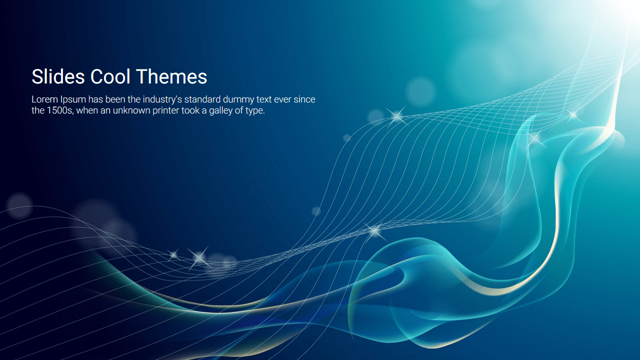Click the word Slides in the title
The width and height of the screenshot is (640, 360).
coord(58,76)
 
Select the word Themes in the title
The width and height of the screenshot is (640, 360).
coord(171,76)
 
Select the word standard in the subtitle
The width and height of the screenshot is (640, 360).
coord(202,99)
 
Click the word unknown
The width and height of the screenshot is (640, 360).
coord(131,110)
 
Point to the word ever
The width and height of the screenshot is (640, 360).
coord(282,100)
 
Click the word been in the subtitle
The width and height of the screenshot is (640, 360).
coord(115,99)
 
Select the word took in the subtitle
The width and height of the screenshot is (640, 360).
coord(190,110)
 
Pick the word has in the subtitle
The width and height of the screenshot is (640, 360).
coord(95,99)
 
